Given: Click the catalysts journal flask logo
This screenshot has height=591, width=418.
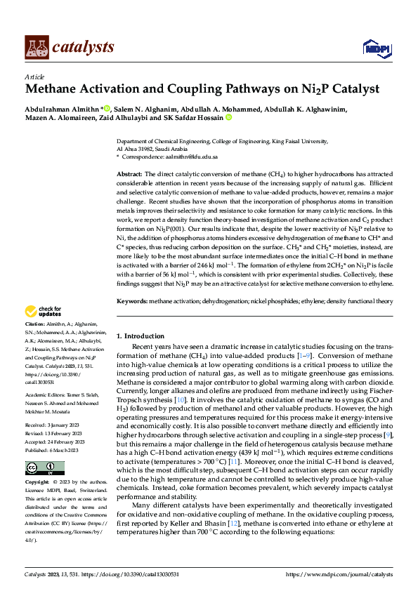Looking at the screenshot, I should [37, 46].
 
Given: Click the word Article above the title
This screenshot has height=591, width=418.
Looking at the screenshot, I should [34, 77].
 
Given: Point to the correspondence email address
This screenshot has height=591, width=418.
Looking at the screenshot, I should [194, 157].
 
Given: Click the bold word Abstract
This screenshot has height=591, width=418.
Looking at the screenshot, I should [130, 173].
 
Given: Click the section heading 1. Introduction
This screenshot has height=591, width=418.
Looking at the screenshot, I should [141, 336].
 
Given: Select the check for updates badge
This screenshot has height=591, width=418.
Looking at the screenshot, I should [44, 311].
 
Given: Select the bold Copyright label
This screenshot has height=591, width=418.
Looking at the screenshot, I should [37, 484].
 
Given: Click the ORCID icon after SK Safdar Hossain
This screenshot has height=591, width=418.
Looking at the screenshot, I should [228, 118].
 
